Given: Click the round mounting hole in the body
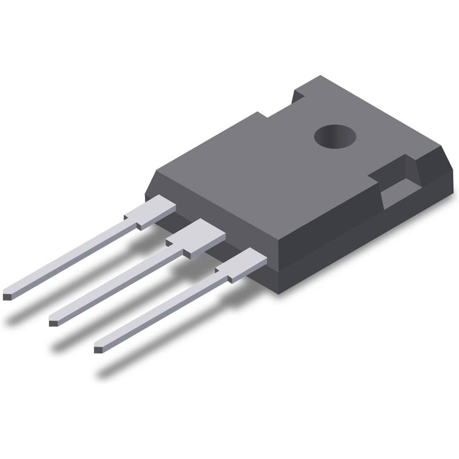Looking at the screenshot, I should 335,136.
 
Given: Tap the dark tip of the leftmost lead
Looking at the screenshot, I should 7,296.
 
